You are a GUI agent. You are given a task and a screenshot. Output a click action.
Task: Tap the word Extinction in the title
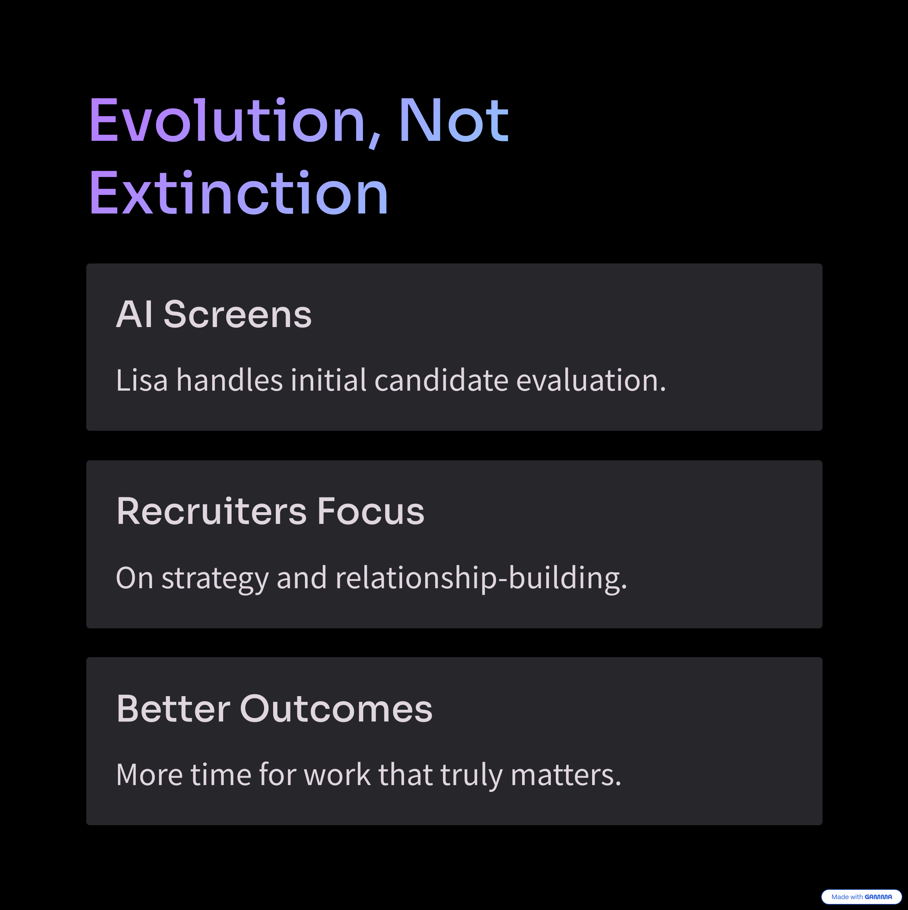[239, 193]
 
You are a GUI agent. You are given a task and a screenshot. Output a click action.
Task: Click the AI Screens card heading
[214, 314]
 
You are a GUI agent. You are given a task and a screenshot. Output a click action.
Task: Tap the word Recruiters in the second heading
[211, 511]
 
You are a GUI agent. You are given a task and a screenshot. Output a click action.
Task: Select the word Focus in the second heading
[371, 511]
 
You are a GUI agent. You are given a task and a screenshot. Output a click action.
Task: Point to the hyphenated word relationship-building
[481, 579]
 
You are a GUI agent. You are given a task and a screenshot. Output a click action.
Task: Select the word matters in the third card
[566, 775]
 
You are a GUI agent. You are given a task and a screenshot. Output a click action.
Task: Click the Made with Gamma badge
[861, 897]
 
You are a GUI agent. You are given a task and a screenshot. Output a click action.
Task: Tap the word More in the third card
[149, 775]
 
